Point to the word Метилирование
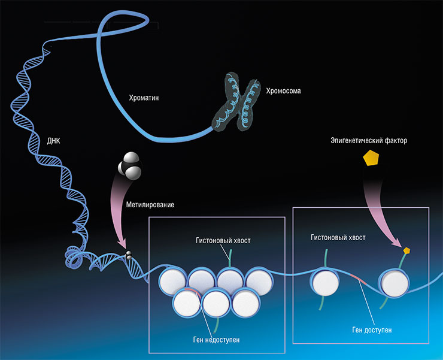click(150, 205)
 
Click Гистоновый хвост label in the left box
click(223, 240)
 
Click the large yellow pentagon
click(371, 158)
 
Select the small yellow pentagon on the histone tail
click(406, 250)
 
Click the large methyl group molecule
click(130, 165)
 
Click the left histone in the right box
click(325, 281)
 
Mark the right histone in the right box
click(395, 283)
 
